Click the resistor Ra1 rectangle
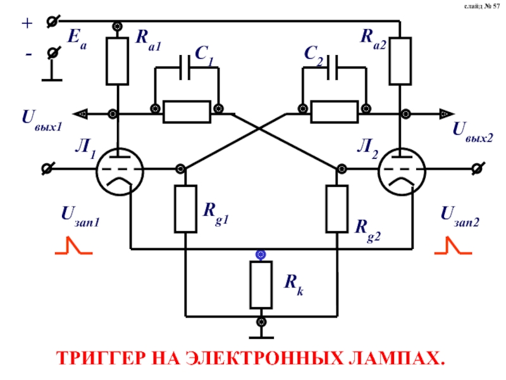tap(117, 61)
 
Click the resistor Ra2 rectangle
tap(400, 61)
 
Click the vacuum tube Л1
tap(120, 170)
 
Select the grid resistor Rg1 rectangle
tap(185, 209)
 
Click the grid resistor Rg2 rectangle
tap(337, 209)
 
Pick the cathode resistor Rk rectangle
tap(261, 284)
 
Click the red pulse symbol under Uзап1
tap(73, 246)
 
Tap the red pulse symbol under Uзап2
tap(453, 246)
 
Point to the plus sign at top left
tap(27, 23)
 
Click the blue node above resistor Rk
tap(261, 255)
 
